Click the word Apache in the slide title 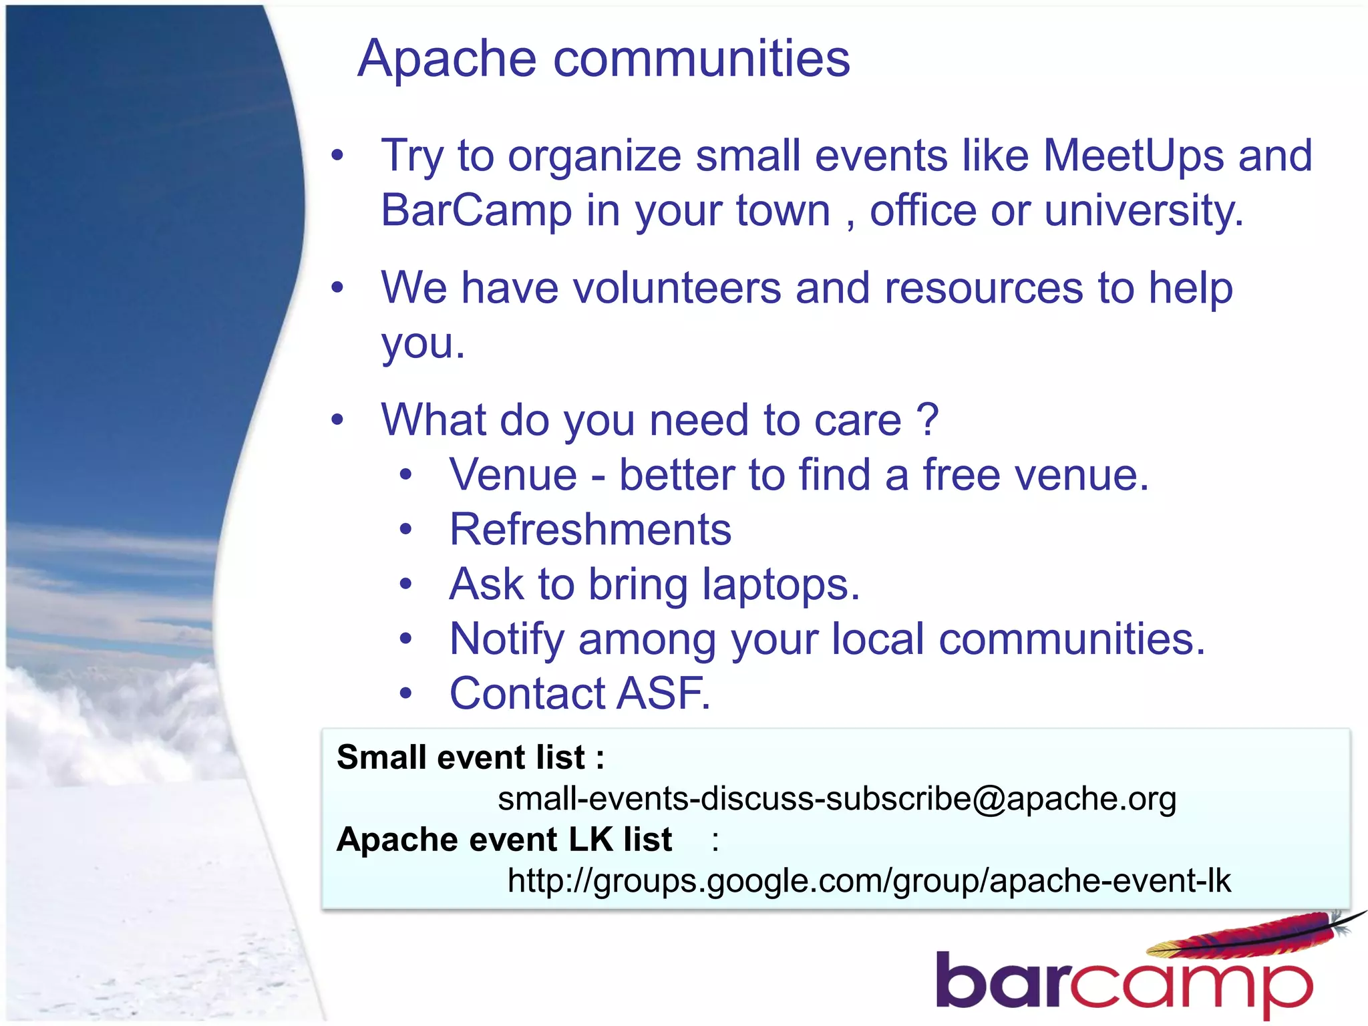(446, 59)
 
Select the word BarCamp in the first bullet (476, 210)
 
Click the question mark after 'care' (928, 420)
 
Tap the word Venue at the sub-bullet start (513, 475)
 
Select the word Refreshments (590, 530)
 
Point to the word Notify (507, 640)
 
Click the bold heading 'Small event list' (470, 757)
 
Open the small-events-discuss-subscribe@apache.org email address (836, 799)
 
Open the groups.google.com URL (868, 881)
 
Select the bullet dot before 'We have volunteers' (337, 289)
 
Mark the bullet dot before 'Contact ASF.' (406, 693)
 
